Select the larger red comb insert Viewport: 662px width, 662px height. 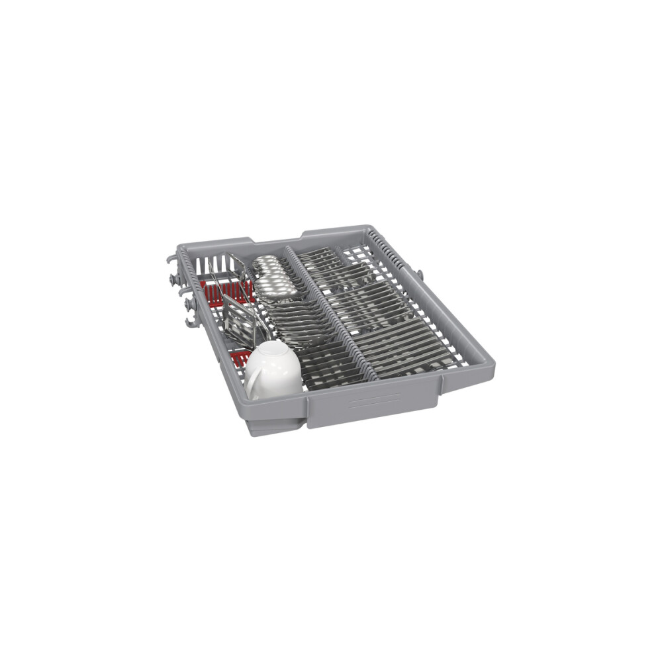[228, 290]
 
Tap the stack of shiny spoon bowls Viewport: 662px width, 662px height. [271, 275]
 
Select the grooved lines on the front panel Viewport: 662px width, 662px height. [374, 401]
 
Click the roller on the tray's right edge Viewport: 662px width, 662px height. [419, 273]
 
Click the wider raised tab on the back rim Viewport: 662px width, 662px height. [334, 232]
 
